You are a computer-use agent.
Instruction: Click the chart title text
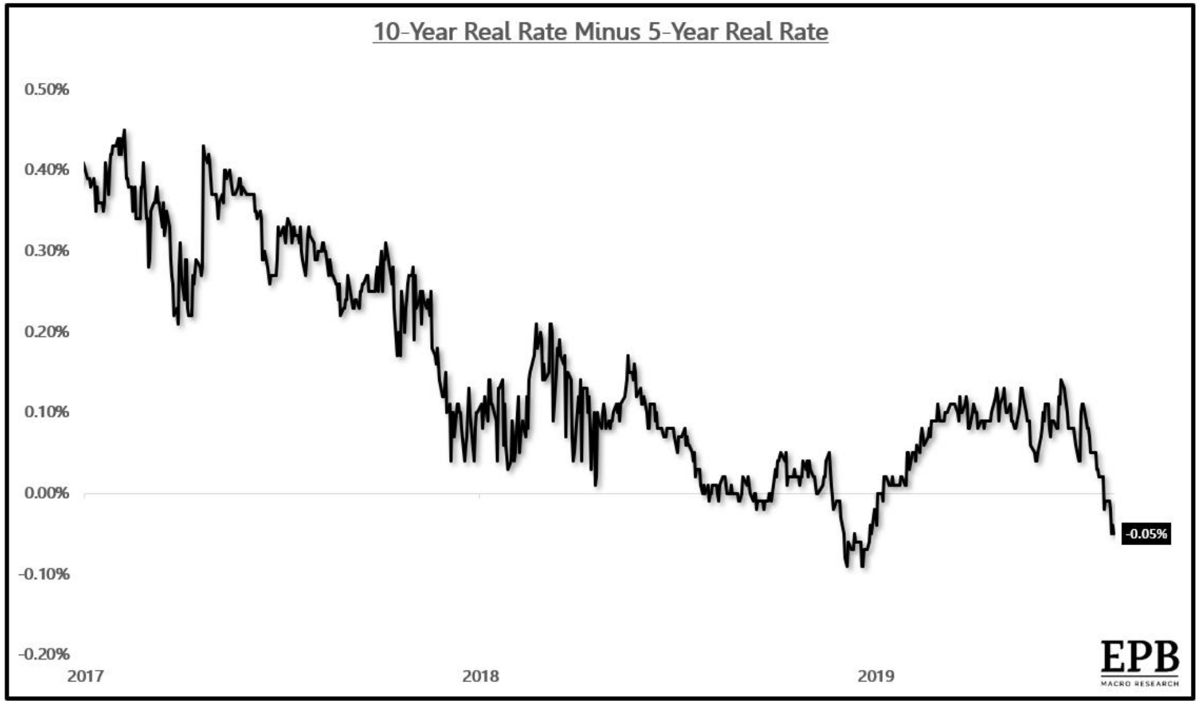600,32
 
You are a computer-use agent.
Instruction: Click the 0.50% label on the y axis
46,89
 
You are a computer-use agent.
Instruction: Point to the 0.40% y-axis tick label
46,170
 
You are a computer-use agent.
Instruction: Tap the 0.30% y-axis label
46,251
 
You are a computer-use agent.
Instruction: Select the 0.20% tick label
46,332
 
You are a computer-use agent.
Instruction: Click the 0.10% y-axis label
46,412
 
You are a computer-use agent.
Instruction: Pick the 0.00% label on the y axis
46,493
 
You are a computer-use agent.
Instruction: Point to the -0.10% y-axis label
44,574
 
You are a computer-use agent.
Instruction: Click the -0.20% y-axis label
44,654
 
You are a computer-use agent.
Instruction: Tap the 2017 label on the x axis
85,676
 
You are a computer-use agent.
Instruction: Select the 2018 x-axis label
480,676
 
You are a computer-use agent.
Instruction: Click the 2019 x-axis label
876,676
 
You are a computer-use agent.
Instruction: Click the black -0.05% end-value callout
1146,534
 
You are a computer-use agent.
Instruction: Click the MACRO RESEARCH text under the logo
1140,684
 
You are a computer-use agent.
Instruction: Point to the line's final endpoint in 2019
1113,534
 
